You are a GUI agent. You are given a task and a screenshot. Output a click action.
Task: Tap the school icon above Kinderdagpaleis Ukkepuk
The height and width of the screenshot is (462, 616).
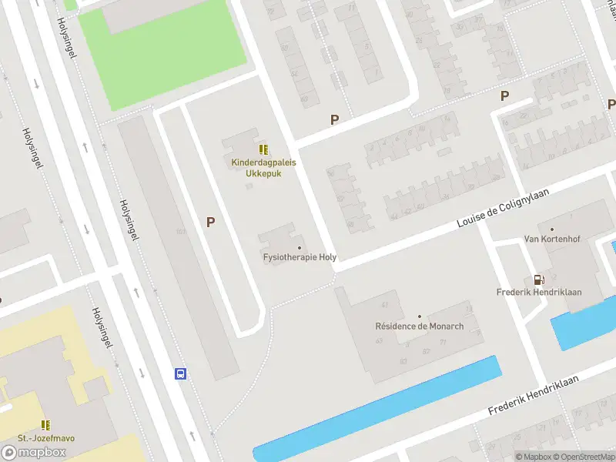pos(263,149)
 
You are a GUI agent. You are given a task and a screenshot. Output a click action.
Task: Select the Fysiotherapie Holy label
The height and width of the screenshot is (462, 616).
pos(300,258)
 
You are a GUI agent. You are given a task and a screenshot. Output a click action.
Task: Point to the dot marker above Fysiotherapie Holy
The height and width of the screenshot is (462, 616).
pos(300,247)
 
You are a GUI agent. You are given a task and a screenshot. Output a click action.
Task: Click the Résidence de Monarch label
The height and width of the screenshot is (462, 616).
pos(419,326)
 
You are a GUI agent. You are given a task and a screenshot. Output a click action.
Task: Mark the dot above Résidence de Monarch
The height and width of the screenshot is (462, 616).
pos(420,316)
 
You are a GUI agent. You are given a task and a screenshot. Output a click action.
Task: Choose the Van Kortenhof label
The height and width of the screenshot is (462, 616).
pos(551,239)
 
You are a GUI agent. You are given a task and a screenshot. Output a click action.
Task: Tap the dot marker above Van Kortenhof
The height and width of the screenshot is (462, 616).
pos(551,229)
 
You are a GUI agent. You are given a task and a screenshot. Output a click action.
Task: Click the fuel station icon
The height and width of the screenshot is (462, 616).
pos(539,280)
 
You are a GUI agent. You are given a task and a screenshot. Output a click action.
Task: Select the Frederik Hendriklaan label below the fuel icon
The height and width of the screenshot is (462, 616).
pos(539,293)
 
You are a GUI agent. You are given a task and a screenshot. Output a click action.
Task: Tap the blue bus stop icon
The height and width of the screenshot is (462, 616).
pos(180,374)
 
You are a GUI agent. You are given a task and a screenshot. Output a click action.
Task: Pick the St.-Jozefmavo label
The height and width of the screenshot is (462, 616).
pos(46,438)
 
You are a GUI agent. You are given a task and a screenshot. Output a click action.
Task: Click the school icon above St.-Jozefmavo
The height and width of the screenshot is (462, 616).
pos(46,424)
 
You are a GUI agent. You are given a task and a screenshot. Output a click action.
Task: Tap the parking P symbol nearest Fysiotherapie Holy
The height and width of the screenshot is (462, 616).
pos(210,222)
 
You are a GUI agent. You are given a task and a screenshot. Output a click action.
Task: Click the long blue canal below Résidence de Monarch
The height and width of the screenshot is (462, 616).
pos(377,408)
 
